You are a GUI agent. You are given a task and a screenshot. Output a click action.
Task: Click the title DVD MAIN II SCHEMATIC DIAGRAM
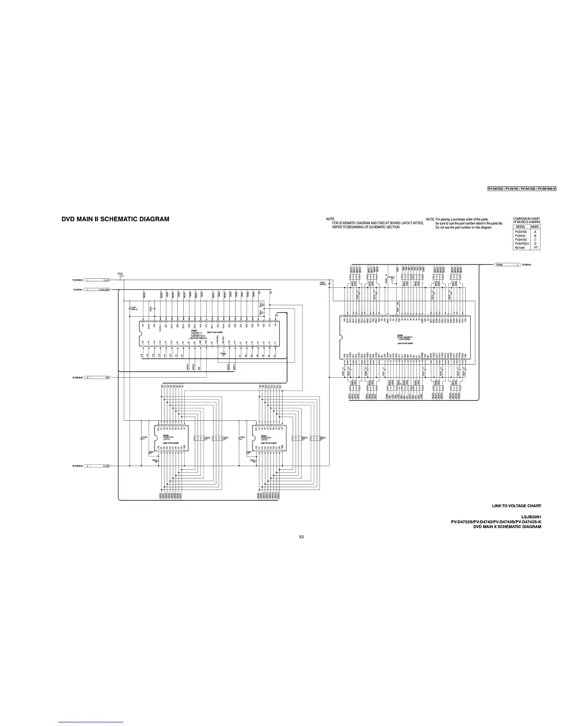115,219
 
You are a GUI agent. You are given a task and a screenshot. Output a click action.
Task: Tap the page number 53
301,537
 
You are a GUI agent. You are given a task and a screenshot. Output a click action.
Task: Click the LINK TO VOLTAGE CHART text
517,506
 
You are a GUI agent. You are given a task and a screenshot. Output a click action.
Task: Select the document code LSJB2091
531,517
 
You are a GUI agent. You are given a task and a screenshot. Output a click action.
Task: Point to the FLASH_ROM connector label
104,290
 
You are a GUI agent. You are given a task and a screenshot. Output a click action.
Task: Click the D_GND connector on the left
106,466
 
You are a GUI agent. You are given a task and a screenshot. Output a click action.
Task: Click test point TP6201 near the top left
120,274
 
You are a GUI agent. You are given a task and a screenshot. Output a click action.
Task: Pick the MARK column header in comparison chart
535,227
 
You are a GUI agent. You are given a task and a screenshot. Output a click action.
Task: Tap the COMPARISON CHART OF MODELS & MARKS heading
526,220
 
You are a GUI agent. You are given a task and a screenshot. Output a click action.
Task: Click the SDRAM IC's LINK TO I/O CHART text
405,343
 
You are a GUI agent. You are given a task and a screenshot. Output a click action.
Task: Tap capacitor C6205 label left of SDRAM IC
322,283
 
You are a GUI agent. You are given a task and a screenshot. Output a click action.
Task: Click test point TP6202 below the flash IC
223,354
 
